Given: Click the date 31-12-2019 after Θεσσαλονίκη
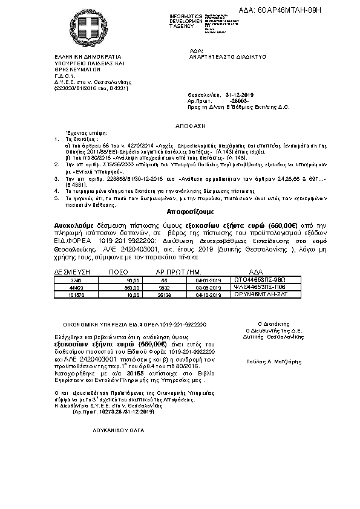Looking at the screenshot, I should (240, 96).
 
